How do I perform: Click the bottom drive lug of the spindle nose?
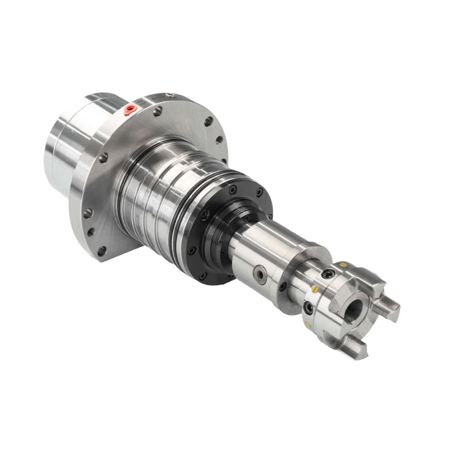[x=357, y=348]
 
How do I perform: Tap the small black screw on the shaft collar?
[x=283, y=287]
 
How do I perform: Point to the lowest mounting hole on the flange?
[x=102, y=250]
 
